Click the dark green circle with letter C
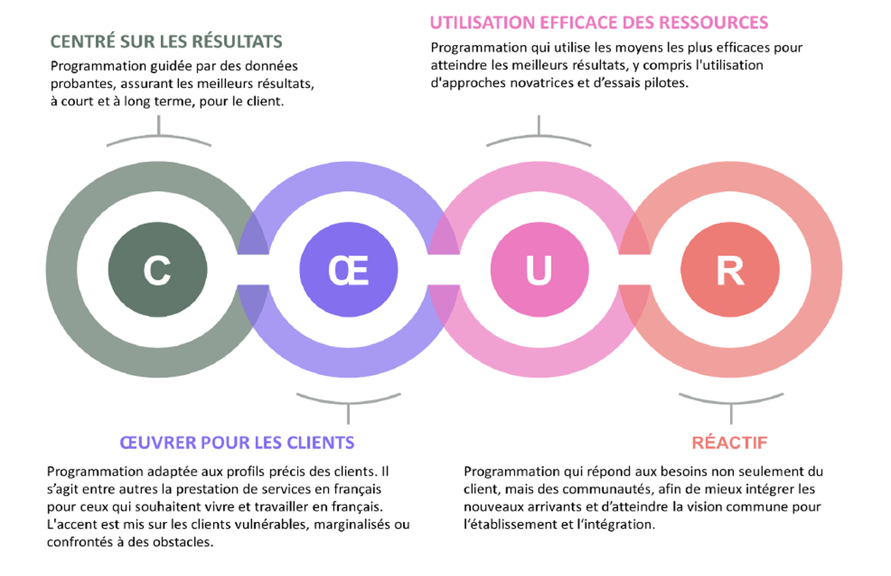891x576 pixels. [x=158, y=270]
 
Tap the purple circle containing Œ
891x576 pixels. [x=348, y=270]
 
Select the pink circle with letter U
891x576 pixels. [x=539, y=270]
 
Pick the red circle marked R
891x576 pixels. [x=729, y=270]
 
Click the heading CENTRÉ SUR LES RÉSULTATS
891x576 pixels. [x=167, y=42]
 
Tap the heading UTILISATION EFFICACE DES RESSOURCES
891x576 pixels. [x=599, y=22]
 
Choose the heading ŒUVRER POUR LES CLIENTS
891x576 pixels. [x=236, y=442]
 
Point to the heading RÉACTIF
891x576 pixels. [x=729, y=442]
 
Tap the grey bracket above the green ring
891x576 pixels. [x=159, y=137]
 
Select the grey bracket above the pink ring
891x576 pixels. [x=539, y=137]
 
